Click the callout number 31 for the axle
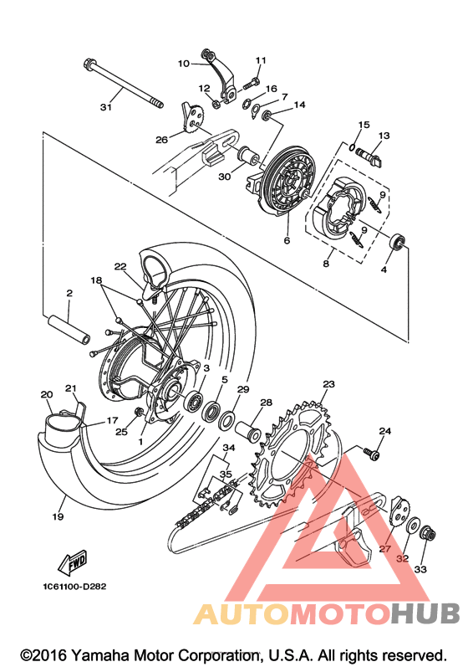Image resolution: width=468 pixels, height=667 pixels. tap(106, 107)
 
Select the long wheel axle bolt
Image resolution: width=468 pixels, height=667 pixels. tap(123, 85)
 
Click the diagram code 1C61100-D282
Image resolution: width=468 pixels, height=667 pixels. tap(74, 587)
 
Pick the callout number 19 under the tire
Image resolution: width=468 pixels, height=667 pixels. tap(58, 516)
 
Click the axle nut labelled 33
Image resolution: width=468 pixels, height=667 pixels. tap(428, 534)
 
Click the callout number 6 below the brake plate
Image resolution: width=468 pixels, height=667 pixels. tap(287, 241)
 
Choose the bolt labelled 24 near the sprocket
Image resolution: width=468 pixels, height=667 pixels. tap(371, 454)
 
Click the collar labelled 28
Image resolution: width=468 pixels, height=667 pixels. tap(248, 431)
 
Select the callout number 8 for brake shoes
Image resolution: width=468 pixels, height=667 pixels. tap(326, 264)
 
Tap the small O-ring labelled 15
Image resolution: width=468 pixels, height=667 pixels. tap(352, 147)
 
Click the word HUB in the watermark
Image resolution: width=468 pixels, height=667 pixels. tap(425, 613)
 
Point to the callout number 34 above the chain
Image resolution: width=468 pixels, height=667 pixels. tap(229, 448)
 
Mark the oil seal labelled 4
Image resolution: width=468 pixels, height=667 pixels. tap(398, 242)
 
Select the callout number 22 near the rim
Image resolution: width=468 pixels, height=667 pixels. tap(120, 266)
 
